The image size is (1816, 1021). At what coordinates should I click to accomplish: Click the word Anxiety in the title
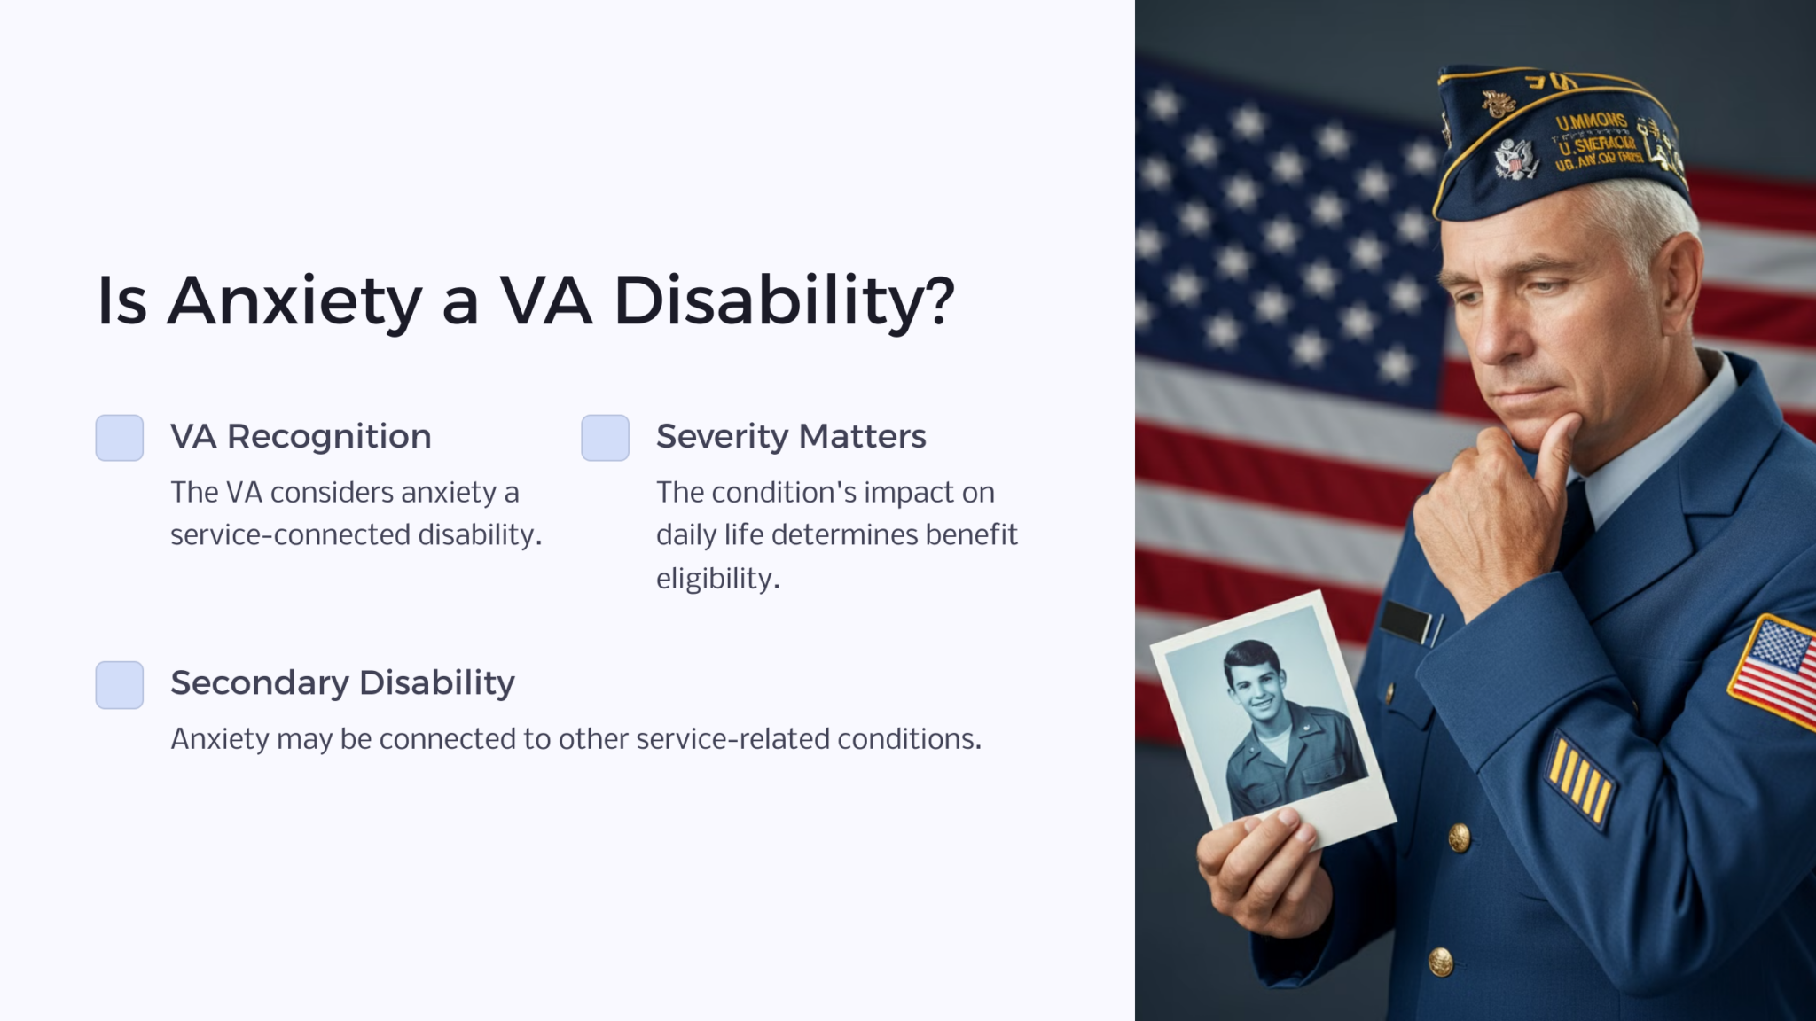pyautogui.click(x=294, y=301)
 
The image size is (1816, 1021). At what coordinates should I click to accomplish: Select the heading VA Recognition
pyautogui.click(x=301, y=436)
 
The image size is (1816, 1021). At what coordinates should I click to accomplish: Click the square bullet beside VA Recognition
pyautogui.click(x=120, y=438)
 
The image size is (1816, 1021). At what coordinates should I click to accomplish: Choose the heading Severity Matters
pyautogui.click(x=791, y=436)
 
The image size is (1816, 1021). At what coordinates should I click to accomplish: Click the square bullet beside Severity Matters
pyautogui.click(x=605, y=438)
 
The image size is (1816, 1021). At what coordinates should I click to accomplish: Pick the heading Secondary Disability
pyautogui.click(x=342, y=682)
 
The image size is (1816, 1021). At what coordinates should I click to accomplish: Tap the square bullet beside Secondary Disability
pyautogui.click(x=120, y=685)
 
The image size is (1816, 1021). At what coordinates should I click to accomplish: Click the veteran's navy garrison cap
pyautogui.click(x=1561, y=142)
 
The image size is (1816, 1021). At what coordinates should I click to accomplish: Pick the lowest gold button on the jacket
pyautogui.click(x=1440, y=961)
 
